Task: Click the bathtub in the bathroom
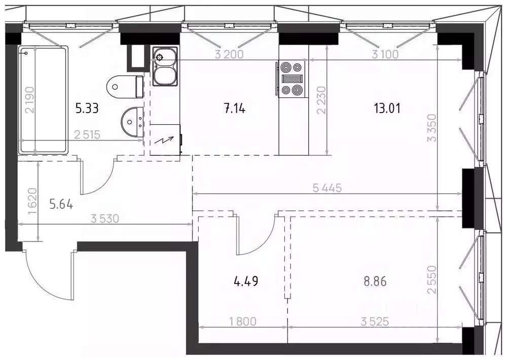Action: tap(43, 100)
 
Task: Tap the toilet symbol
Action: tap(125, 87)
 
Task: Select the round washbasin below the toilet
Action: tap(132, 122)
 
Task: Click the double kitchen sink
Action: tap(165, 66)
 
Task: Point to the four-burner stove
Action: tap(292, 79)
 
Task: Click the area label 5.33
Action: tap(87, 109)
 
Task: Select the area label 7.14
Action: tap(235, 109)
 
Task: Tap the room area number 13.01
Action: tap(387, 109)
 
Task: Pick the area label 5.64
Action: tap(61, 204)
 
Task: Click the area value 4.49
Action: tap(246, 281)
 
